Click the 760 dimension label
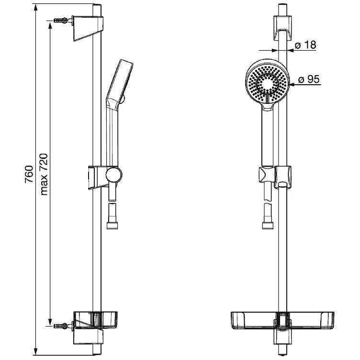point(29,174)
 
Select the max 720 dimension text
point(44,174)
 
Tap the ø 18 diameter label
point(305,45)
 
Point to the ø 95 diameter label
point(309,79)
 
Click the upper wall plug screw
point(61,20)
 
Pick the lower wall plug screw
point(61,326)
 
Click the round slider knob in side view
point(114,175)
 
